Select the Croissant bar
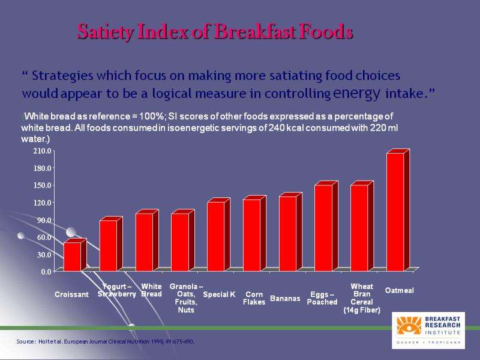click(72, 256)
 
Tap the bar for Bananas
click(288, 233)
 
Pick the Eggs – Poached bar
click(323, 228)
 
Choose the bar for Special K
click(216, 236)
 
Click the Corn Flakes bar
click(252, 235)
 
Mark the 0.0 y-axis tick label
click(46, 272)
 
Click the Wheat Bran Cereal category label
click(362, 298)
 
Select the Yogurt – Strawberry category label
click(117, 290)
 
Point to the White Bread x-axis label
click(152, 290)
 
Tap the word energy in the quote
click(356, 94)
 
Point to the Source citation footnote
click(106, 341)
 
